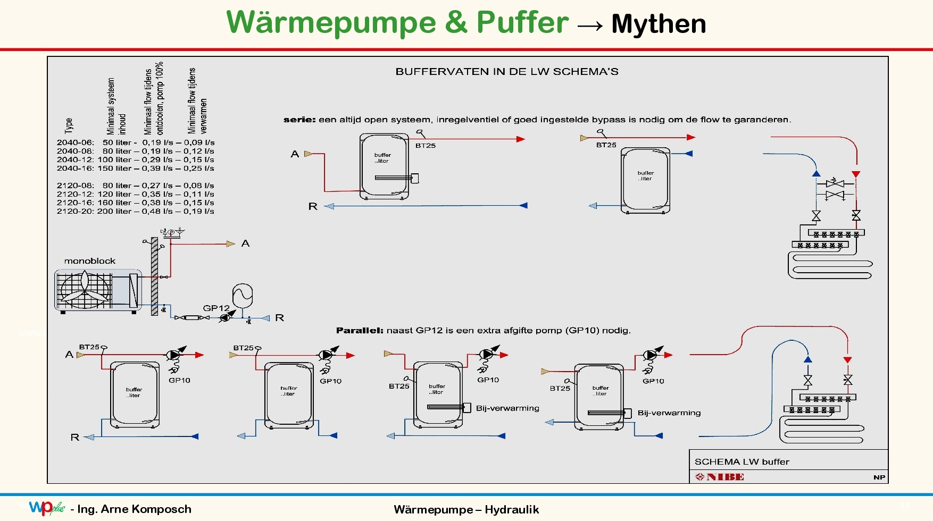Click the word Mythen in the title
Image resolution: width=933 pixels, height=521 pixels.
659,24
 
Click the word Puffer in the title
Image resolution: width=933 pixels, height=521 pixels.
522,22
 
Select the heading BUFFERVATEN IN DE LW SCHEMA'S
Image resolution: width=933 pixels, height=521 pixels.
506,72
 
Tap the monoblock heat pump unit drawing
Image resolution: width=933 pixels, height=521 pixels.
98,290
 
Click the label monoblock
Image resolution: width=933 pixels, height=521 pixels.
89,261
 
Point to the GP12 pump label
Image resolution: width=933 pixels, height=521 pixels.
215,308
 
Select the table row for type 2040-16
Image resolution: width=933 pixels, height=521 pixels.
135,169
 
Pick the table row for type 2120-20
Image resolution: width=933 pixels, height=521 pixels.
135,212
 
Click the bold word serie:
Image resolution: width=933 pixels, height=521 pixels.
299,120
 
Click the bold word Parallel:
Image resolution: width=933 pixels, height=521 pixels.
360,331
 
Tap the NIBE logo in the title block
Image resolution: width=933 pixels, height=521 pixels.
719,477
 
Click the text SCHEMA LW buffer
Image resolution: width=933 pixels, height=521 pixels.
742,462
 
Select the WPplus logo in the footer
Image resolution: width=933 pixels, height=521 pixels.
47,508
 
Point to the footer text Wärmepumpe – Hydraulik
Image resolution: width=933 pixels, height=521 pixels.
466,510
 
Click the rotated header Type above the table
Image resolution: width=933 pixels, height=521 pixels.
69,125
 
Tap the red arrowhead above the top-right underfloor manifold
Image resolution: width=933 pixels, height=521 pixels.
856,174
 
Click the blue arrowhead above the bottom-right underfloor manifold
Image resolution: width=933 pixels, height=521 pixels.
808,359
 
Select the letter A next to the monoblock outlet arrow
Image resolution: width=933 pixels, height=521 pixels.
245,243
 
